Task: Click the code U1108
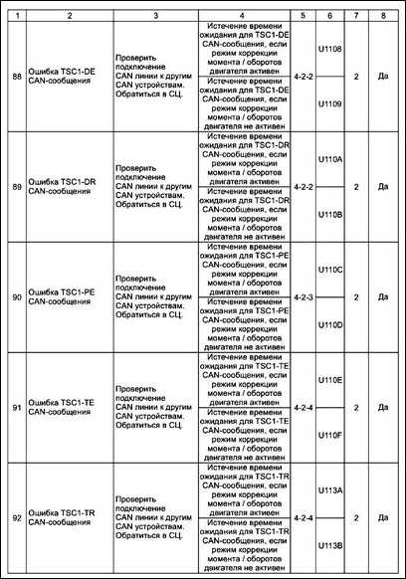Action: tap(328, 47)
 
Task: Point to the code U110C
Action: tap(328, 269)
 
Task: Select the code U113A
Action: tap(328, 490)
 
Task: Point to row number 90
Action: tap(14, 296)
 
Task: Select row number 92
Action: tap(14, 517)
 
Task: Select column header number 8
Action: tap(383, 16)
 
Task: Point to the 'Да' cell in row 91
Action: tap(383, 407)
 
